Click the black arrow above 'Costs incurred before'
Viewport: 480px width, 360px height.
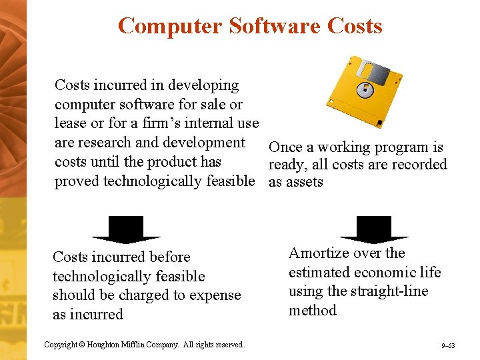pos(126,229)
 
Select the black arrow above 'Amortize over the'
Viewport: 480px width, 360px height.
pos(374,229)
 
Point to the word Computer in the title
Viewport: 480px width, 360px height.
pos(169,26)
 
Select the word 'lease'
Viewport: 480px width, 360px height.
pos(69,123)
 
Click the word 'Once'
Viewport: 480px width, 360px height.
pos(285,147)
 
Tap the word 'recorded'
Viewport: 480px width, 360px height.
pos(417,165)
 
